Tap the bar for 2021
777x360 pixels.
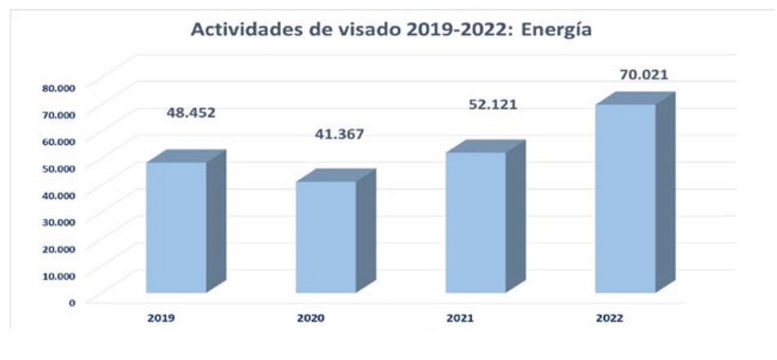tap(476, 222)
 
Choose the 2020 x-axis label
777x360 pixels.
tap(310, 317)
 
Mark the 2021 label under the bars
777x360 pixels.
tap(460, 317)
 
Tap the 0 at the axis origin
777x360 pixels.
tap(72, 301)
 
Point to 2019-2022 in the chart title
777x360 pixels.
tap(432, 30)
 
